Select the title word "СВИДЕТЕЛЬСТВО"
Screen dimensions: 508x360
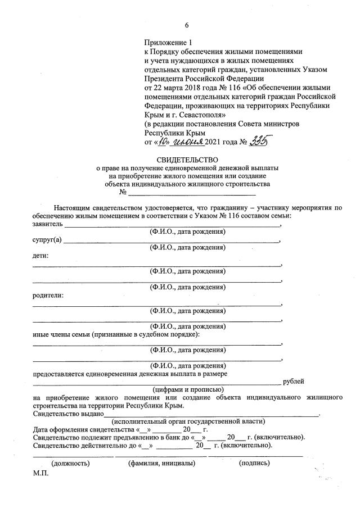click(187, 160)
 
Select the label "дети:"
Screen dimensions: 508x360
click(40, 256)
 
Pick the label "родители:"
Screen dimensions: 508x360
click(47, 296)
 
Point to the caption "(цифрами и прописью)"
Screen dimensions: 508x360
click(188, 389)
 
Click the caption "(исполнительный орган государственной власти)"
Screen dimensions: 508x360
click(188, 421)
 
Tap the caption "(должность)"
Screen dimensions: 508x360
click(70, 463)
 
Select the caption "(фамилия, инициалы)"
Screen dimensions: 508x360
click(161, 463)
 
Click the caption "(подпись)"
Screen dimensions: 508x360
click(254, 463)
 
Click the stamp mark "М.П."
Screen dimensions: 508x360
click(41, 473)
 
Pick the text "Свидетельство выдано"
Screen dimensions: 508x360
click(67, 413)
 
